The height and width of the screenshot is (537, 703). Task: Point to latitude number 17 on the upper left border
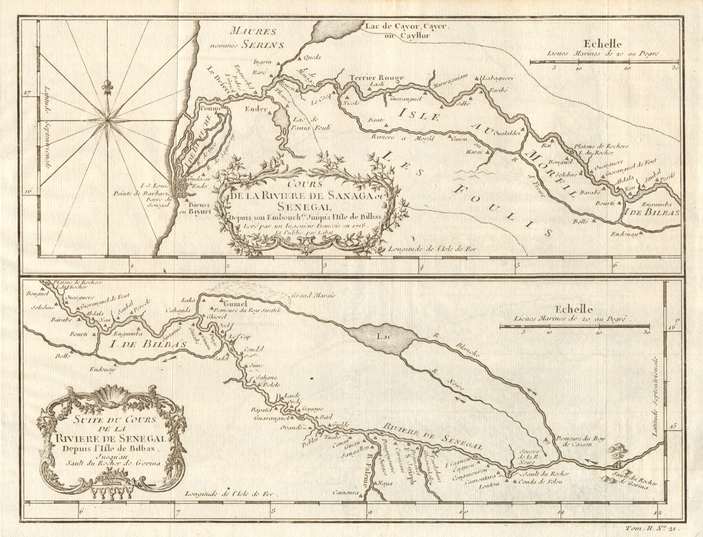pyautogui.click(x=27, y=93)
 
